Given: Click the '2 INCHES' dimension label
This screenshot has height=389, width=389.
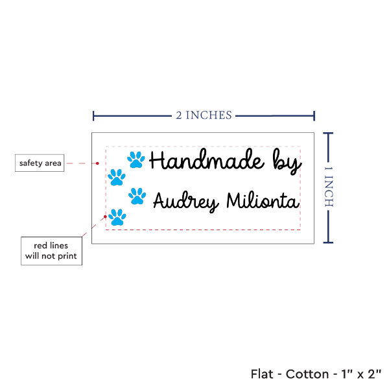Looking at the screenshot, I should coord(204,115).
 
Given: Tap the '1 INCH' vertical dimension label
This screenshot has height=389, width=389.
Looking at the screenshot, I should coord(328,187).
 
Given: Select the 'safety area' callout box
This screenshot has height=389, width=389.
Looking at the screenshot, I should coord(40,163).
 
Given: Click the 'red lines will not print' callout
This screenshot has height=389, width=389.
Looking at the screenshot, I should coord(51,251).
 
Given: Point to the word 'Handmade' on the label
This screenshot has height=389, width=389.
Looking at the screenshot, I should coord(207,161).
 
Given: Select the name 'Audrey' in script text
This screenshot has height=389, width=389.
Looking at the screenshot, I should coord(185,202).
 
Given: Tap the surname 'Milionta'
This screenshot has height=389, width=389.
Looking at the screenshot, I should coord(262,201).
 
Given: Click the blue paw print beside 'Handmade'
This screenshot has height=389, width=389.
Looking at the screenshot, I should coord(136,159).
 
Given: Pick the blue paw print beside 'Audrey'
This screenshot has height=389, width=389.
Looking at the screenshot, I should coord(137,195).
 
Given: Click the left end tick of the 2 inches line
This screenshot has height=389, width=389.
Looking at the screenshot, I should coord(94,116).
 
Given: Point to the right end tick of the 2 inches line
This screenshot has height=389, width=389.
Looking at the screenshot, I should coord(314,116).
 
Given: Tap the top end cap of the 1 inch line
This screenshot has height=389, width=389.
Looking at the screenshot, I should coord(328,134).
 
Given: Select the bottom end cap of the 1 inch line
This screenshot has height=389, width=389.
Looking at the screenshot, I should coord(328,243).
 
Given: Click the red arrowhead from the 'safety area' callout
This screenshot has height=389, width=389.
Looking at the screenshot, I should coord(99,163).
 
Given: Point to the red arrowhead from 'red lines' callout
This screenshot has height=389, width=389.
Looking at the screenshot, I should coord(105,213).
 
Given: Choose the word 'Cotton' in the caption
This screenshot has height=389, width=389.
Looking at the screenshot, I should coord(308,374).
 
